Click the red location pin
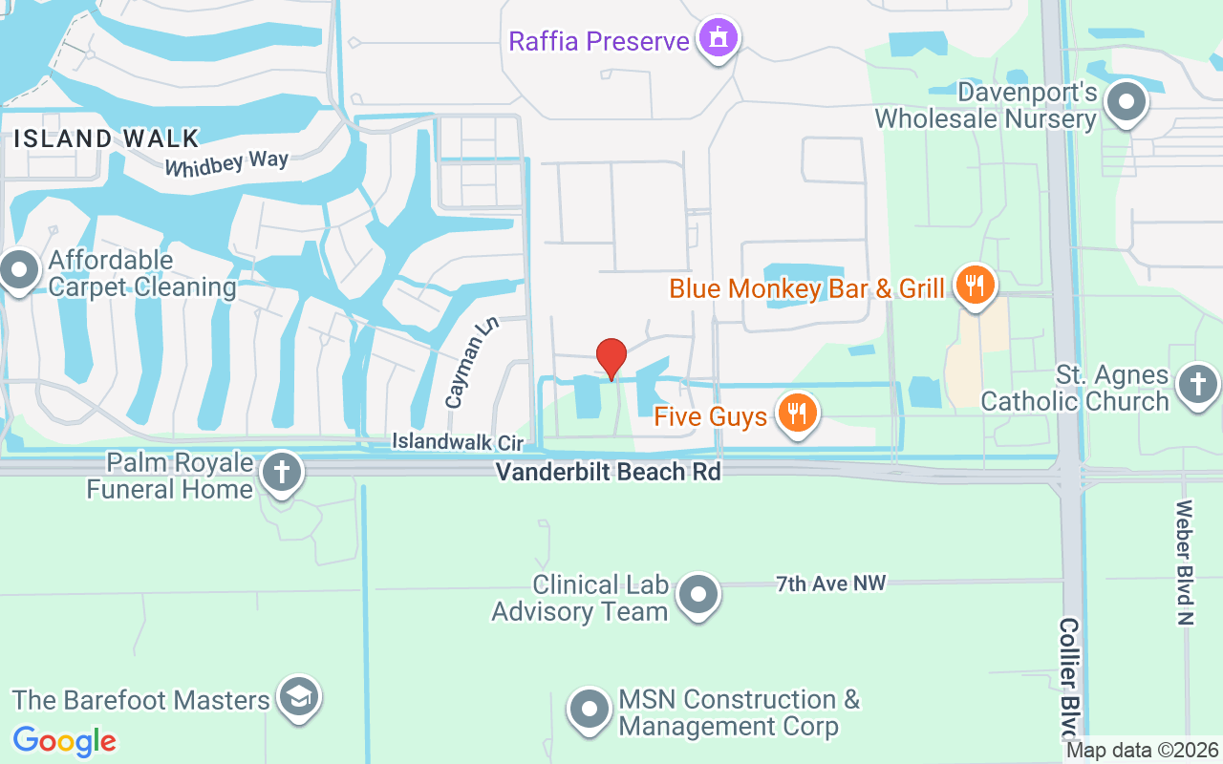tap(611, 358)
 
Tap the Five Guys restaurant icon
tap(796, 412)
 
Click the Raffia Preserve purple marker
tap(718, 37)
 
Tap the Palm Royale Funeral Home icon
tap(282, 472)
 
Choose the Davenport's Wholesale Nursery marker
tap(1126, 100)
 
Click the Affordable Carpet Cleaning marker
tap(18, 270)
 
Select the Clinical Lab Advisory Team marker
tap(697, 594)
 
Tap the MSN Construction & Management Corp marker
tap(589, 710)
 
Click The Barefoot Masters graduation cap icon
tap(300, 697)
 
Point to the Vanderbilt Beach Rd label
tap(608, 472)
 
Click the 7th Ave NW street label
tap(830, 584)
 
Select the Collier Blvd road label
tap(1069, 678)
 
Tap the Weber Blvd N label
tap(1186, 562)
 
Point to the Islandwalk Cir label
tap(459, 442)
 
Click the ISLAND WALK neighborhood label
tap(106, 138)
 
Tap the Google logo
tap(64, 741)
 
